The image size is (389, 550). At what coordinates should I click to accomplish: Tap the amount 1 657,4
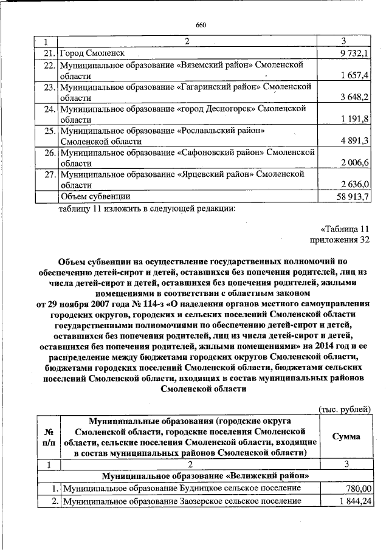356,75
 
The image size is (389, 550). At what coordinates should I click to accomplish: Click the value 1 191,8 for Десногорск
356,119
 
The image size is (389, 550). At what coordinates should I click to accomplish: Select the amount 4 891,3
356,141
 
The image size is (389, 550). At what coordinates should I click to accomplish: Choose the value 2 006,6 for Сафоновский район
356,163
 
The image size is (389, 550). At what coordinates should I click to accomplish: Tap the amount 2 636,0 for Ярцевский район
356,185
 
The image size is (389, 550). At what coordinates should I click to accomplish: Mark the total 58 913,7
354,196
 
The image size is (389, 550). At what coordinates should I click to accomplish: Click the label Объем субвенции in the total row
94,196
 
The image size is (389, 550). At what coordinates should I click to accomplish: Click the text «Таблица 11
345,229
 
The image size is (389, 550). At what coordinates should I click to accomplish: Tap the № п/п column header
48,436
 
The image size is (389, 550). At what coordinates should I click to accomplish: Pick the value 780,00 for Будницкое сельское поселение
358,488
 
